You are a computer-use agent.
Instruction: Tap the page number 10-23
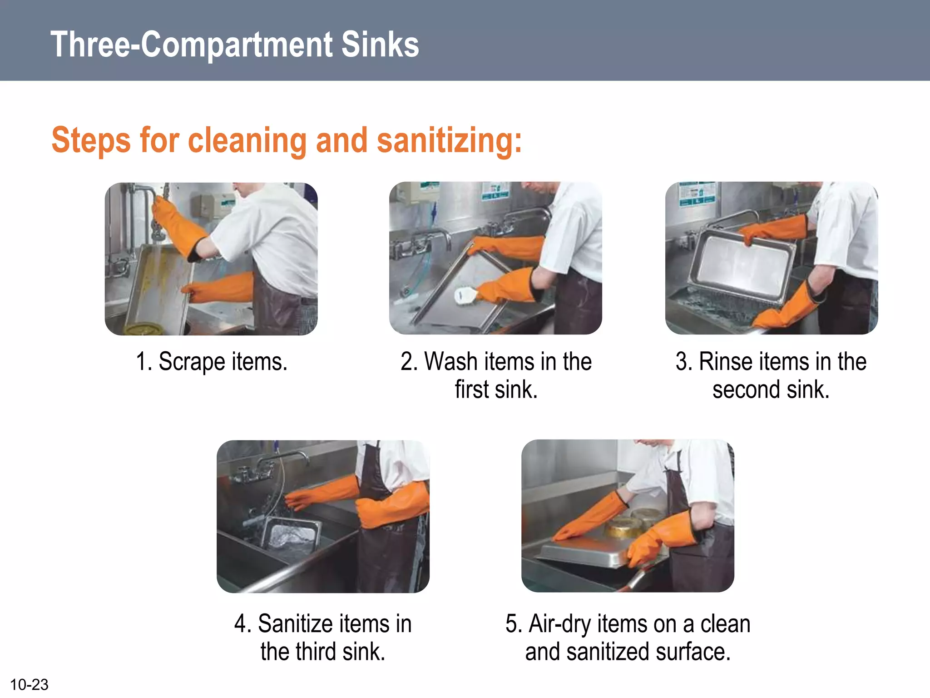click(29, 684)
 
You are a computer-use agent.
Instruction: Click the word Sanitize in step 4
click(295, 624)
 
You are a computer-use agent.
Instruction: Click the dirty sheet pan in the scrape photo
click(159, 286)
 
